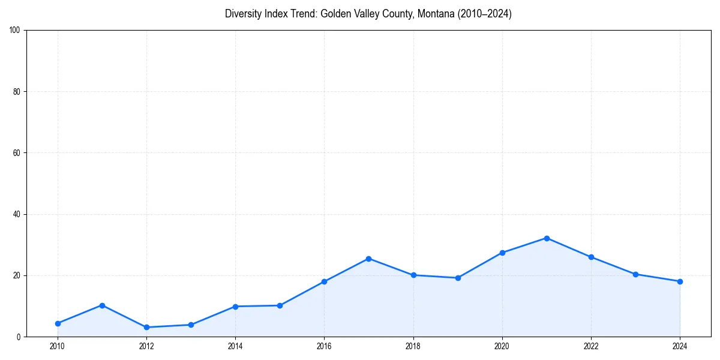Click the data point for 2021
[x=547, y=238]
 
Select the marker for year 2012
[x=146, y=327]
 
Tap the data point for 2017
[x=368, y=259]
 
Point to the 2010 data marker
[x=58, y=323]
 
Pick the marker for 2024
[x=680, y=281]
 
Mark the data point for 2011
[x=102, y=305]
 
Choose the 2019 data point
[x=458, y=278]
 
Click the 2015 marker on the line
[x=280, y=305]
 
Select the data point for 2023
[x=635, y=274]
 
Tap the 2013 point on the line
[x=191, y=325]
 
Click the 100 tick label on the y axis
[x=15, y=31]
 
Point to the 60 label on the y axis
[x=17, y=153]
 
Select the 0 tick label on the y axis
[x=19, y=337]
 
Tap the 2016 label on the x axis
[x=324, y=346]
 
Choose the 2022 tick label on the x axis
[x=591, y=346]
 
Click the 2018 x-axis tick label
[x=413, y=346]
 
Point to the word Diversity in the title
[x=244, y=14]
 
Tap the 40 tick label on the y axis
[x=17, y=215]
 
